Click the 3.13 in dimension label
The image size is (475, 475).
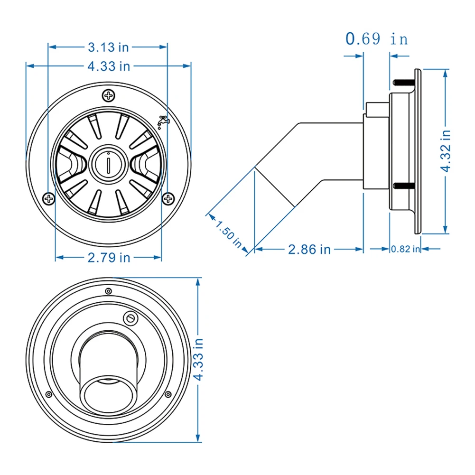(108, 47)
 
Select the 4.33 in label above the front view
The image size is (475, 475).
(108, 66)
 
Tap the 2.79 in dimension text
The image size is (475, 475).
(109, 258)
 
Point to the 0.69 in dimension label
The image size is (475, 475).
(376, 38)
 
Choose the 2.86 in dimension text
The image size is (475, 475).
(309, 249)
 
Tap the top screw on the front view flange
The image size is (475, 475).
(109, 96)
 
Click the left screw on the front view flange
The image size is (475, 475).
(48, 197)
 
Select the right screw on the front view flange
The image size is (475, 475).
(168, 197)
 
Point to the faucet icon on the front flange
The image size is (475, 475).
(163, 121)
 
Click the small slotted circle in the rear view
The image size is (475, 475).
(130, 317)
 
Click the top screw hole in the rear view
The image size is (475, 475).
(109, 290)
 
